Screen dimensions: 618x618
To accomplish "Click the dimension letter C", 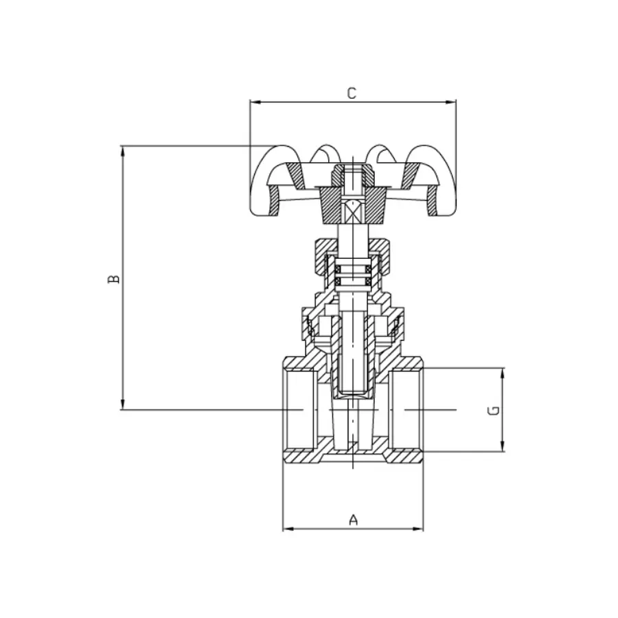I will tap(352, 93).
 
